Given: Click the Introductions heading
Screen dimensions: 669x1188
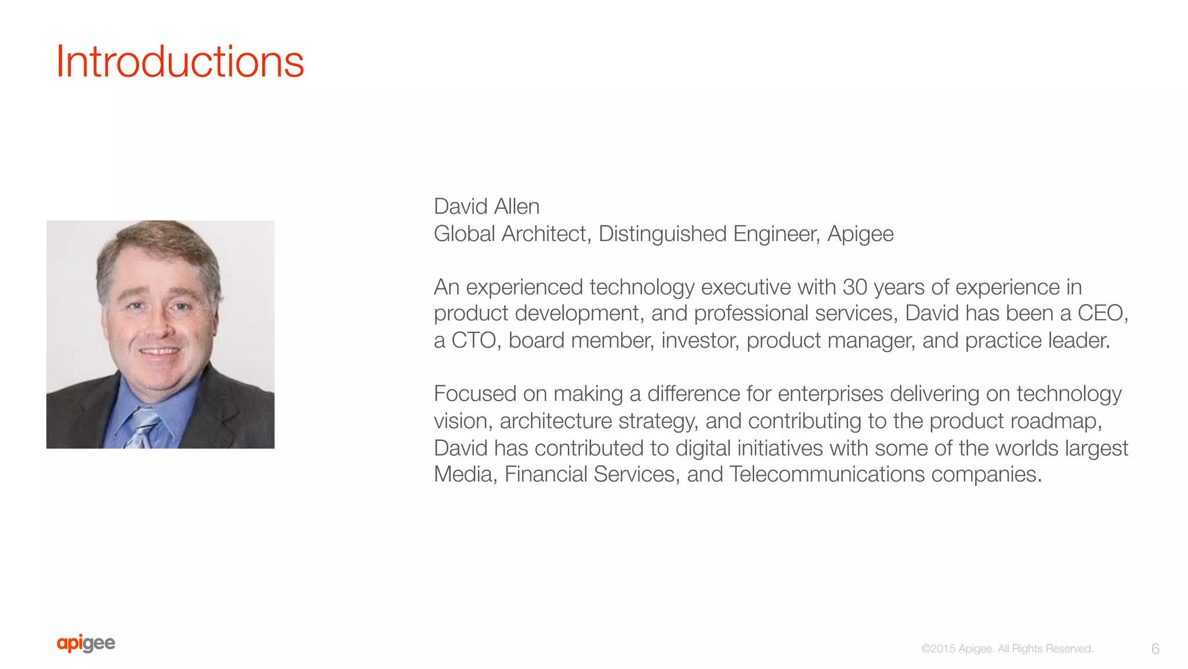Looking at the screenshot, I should click(180, 62).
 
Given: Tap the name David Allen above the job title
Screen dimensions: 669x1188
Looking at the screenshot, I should click(486, 207).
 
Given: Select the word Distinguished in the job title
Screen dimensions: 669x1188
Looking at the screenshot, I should click(662, 234).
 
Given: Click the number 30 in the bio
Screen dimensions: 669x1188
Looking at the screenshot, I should click(854, 287).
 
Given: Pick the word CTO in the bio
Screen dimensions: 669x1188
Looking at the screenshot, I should click(473, 341).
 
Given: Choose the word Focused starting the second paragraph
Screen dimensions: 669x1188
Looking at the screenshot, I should click(475, 394).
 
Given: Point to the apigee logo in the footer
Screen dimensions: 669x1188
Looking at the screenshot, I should click(86, 643).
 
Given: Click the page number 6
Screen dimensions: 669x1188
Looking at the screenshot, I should click(1155, 649).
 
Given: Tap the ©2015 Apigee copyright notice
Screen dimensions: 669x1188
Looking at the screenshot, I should click(1007, 649).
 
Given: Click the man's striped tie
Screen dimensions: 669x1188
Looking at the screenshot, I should click(141, 428).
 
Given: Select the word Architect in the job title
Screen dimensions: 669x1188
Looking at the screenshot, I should click(546, 234).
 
